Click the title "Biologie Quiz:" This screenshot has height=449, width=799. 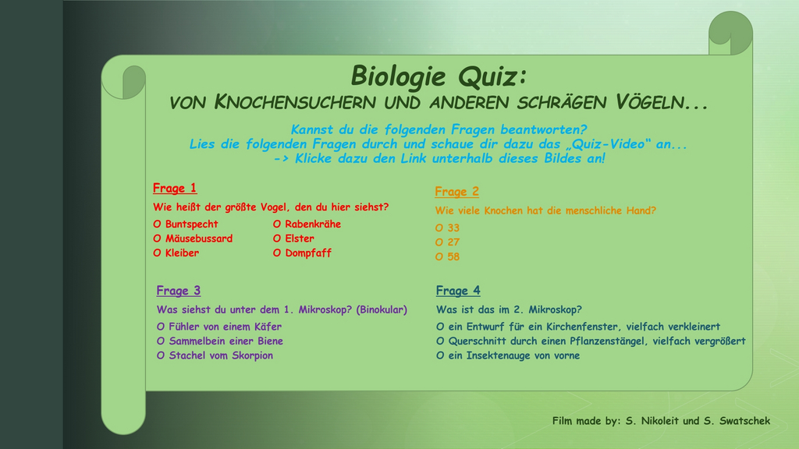(x=439, y=76)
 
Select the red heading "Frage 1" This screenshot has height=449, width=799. (x=175, y=188)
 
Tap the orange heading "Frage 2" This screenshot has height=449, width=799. (x=456, y=192)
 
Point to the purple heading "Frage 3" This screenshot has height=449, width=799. (x=179, y=291)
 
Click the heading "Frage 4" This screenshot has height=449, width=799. (x=458, y=291)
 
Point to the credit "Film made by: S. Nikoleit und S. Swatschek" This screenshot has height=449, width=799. (x=661, y=421)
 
